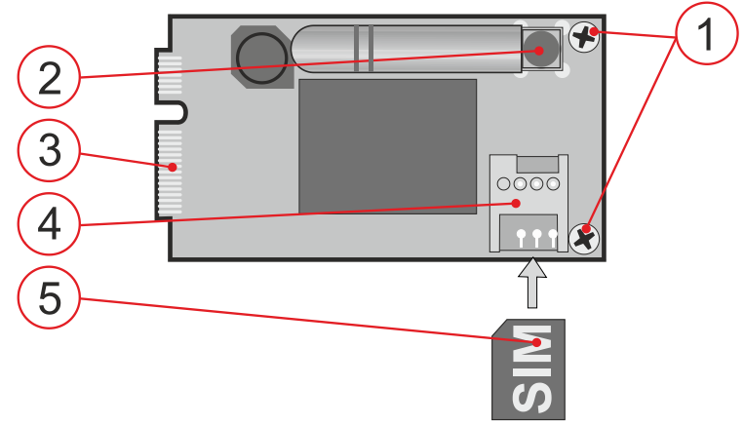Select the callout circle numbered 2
(x=49, y=77)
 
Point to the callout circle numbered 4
(x=49, y=227)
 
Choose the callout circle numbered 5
(x=49, y=296)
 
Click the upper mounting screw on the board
(x=583, y=38)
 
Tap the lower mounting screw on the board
(x=584, y=237)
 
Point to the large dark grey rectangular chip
(x=387, y=146)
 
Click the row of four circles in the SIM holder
(x=527, y=183)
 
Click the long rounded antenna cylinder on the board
(x=410, y=49)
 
